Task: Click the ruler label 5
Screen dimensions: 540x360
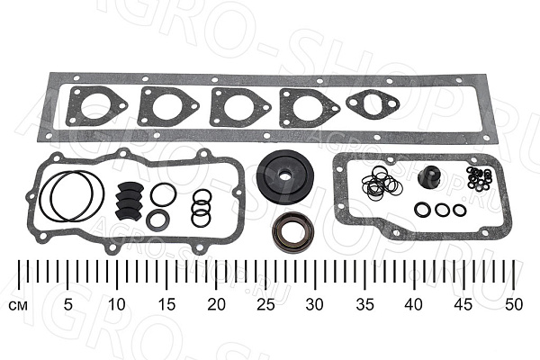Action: click(68, 304)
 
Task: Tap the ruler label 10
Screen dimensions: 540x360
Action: click(117, 304)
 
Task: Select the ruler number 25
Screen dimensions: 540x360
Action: click(265, 304)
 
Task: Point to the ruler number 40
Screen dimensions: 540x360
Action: click(414, 304)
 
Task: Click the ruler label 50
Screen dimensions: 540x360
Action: click(514, 304)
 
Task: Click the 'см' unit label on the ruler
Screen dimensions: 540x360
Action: click(18, 306)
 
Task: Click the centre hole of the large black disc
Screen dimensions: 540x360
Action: click(284, 175)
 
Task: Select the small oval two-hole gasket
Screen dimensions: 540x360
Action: click(373, 103)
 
